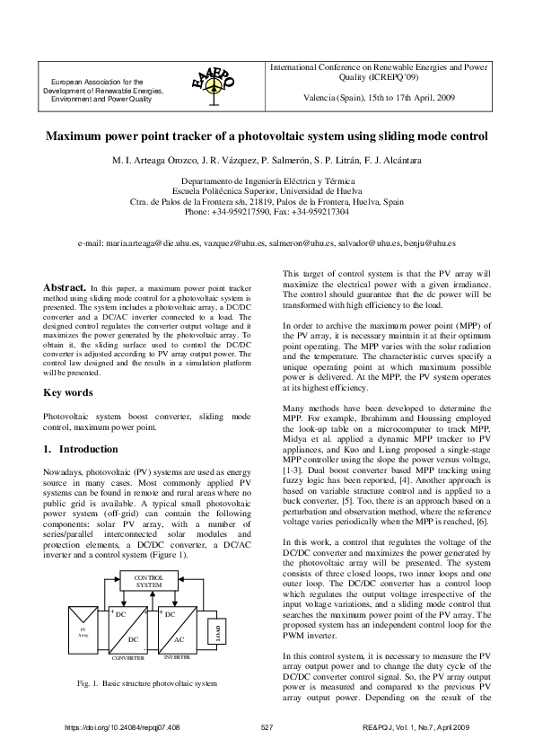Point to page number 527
[x=267, y=725]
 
